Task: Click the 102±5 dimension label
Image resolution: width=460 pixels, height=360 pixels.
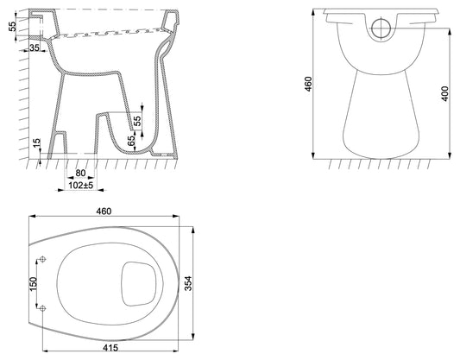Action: (80, 186)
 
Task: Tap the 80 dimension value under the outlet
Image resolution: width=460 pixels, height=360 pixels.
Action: (80, 174)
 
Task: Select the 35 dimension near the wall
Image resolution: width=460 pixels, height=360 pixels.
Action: (35, 47)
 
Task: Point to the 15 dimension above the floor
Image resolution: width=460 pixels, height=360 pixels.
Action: (36, 143)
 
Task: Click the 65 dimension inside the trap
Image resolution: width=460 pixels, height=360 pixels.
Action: (132, 141)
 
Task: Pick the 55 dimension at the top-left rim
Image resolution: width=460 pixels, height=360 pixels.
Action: (12, 27)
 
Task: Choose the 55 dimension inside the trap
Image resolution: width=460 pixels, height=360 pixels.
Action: (137, 121)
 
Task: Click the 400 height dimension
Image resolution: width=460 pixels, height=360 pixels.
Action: (445, 93)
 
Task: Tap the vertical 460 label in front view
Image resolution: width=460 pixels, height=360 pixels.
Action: (308, 84)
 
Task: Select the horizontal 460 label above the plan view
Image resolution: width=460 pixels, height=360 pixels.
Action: (104, 212)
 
